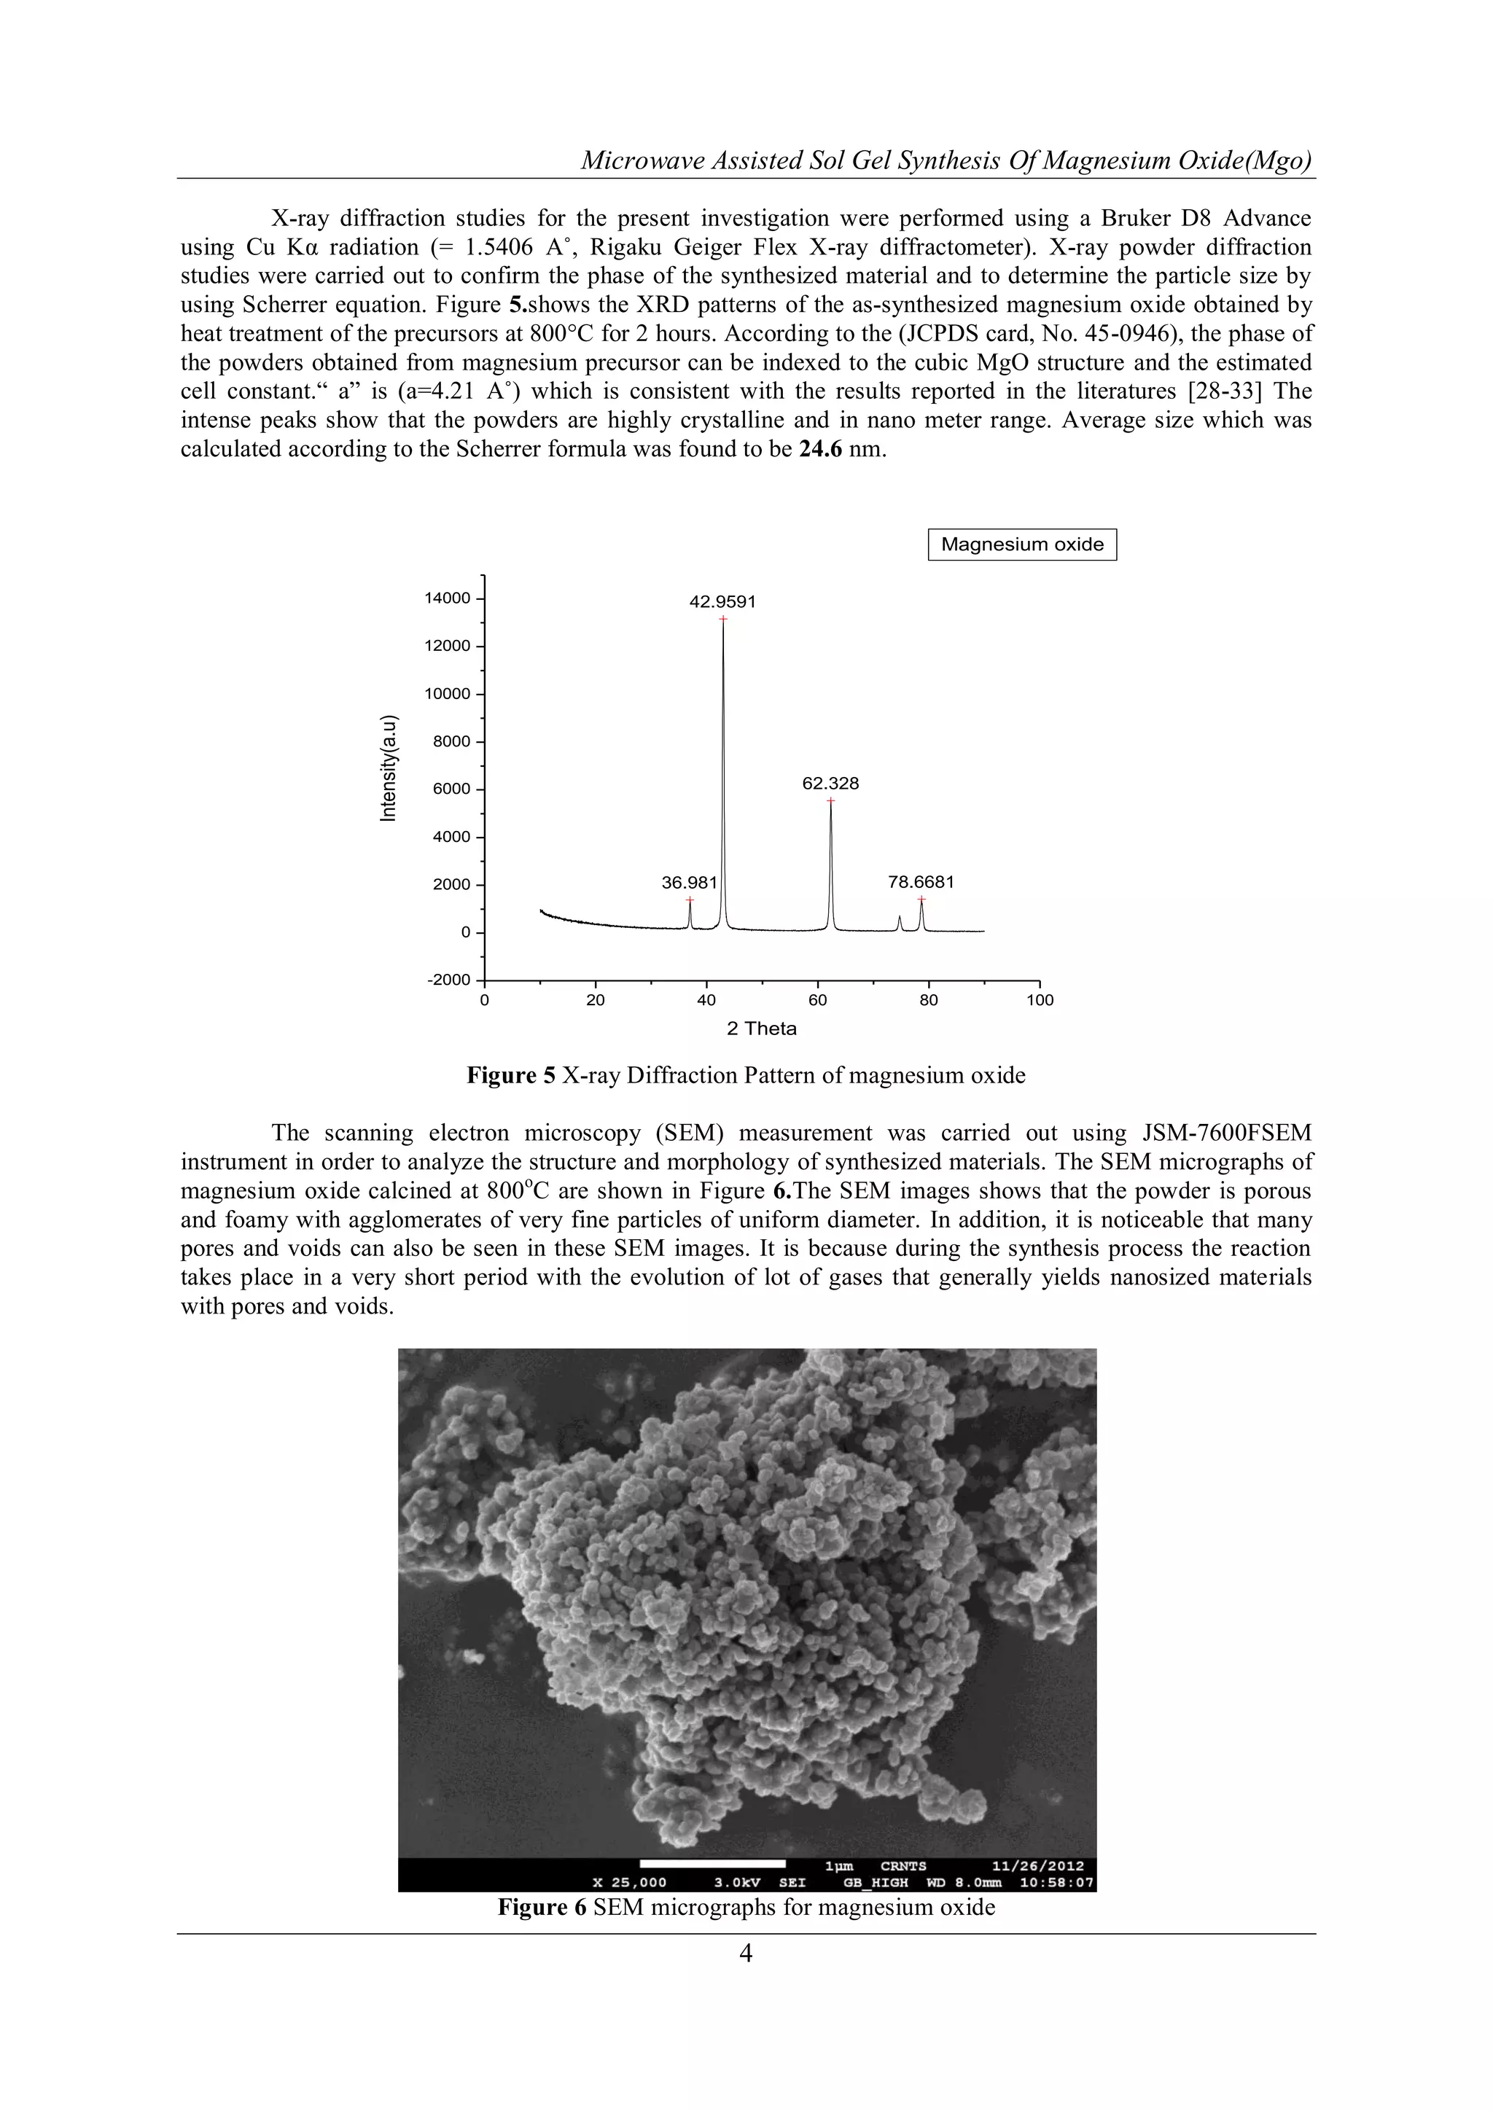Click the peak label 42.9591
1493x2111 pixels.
point(722,602)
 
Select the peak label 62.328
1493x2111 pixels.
point(830,784)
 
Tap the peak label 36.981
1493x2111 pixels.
point(689,883)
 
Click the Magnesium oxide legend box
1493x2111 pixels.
point(1021,545)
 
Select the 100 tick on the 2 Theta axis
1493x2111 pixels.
point(1040,1000)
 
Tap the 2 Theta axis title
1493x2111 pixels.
point(761,1029)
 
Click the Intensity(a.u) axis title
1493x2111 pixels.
point(389,768)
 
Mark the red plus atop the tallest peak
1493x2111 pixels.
point(722,620)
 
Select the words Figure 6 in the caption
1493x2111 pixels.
point(542,1907)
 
